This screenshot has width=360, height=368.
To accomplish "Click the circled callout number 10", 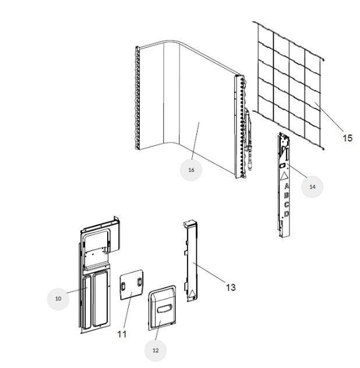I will [x=58, y=298].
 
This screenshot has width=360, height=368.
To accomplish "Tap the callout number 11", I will [x=122, y=334].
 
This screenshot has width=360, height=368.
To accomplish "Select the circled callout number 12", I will [x=156, y=350].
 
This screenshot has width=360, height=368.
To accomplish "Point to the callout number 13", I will [x=231, y=287].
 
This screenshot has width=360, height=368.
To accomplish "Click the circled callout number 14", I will [x=312, y=186].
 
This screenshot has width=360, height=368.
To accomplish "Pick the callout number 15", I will [x=347, y=138].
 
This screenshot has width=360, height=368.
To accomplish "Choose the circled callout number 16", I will [x=191, y=169].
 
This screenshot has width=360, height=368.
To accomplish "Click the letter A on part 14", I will [x=286, y=186].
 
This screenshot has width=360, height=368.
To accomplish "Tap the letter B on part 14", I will [x=286, y=196].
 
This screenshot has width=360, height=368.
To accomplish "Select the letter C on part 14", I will [x=286, y=205].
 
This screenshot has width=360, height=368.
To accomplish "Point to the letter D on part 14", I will [x=286, y=214].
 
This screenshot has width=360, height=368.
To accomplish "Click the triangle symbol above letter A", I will [x=285, y=175].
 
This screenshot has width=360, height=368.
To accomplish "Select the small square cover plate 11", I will [x=130, y=286].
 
